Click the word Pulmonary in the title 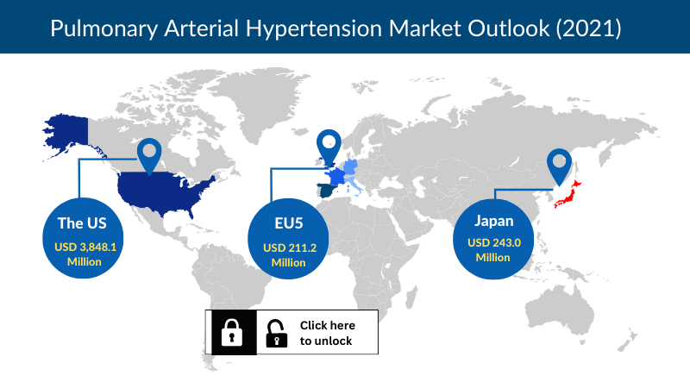(x=103, y=29)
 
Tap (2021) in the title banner (x=588, y=28)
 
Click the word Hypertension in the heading (x=314, y=29)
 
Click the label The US (x=82, y=223)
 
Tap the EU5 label (x=289, y=223)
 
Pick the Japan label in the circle (x=493, y=221)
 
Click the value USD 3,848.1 (x=85, y=247)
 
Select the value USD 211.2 (x=290, y=247)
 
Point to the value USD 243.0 (x=493, y=242)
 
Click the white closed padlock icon (x=232, y=332)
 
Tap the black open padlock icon (x=276, y=333)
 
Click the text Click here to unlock (x=328, y=333)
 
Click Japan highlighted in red (x=568, y=194)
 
